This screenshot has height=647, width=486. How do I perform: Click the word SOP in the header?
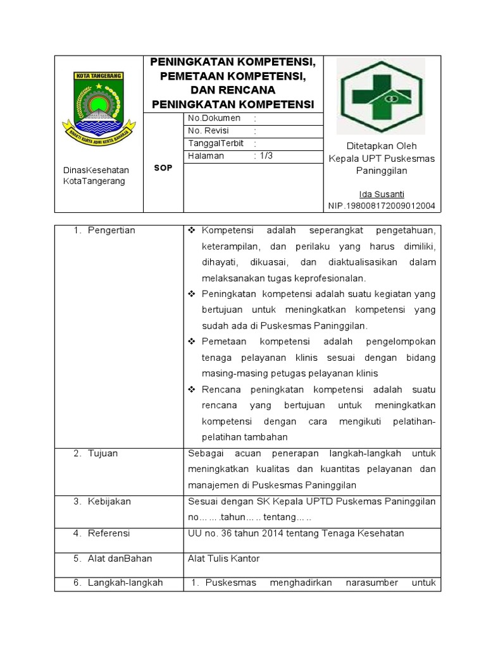163,168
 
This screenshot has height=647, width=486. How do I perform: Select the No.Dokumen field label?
214,118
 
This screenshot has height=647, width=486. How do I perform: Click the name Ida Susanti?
382,194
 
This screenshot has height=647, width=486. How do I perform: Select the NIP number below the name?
382,206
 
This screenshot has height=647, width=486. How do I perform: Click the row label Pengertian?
111,230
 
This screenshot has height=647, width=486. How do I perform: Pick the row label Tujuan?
103,453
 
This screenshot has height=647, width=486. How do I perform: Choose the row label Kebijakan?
109,501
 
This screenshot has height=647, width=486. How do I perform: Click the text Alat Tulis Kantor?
224,559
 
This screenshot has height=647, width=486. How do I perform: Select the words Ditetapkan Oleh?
382,146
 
